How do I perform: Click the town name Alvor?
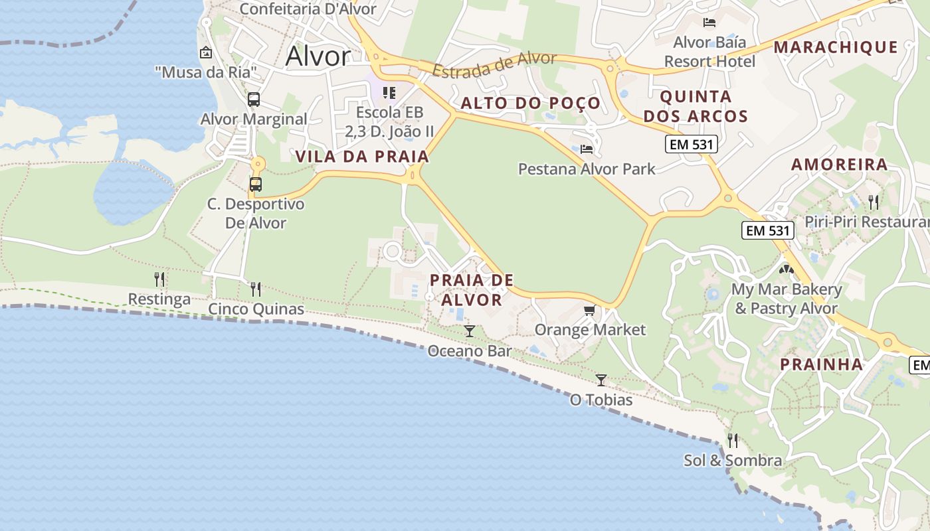click(318, 56)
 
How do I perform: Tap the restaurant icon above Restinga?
click(159, 279)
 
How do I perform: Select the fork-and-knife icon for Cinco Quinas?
click(256, 289)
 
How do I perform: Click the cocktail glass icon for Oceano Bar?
click(470, 331)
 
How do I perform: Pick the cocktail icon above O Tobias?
click(601, 380)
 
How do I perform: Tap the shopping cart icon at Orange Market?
click(589, 310)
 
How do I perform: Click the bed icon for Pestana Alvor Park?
click(586, 149)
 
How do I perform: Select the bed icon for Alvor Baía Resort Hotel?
click(709, 23)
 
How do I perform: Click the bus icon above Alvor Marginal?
click(254, 100)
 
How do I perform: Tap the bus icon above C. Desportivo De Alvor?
click(256, 184)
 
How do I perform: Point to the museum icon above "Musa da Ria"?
click(206, 52)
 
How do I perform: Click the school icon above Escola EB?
click(389, 93)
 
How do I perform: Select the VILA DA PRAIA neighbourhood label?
click(362, 157)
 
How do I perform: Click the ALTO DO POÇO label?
click(530, 103)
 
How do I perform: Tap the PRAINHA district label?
click(821, 364)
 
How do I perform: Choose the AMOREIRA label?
click(839, 164)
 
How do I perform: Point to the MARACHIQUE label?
click(836, 47)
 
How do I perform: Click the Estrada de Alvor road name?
click(494, 64)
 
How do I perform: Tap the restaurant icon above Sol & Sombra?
click(733, 439)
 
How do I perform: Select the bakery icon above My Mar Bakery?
click(787, 270)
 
